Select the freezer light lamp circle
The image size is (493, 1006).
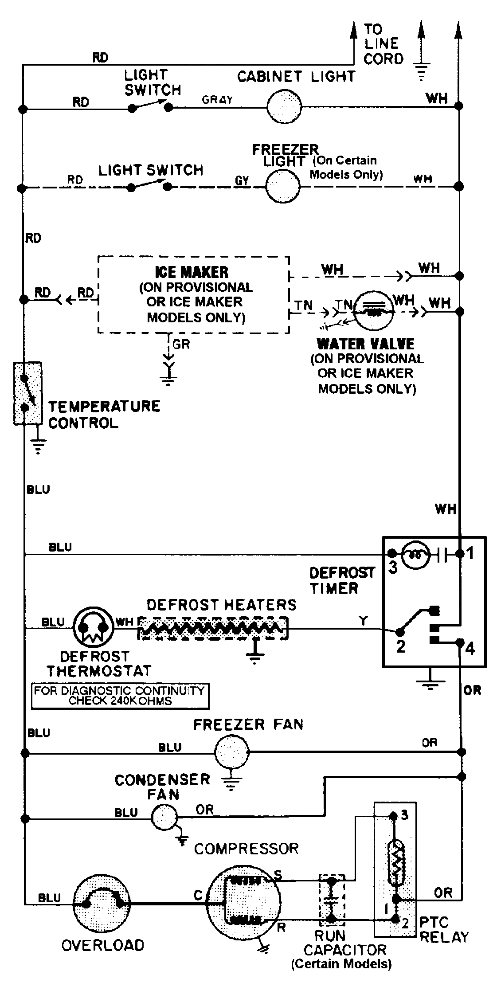coord(283,187)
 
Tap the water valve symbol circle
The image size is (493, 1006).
coord(375,310)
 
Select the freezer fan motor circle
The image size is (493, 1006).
coord(232,752)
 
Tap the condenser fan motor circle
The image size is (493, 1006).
coord(164,817)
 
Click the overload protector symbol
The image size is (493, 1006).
coord(102,903)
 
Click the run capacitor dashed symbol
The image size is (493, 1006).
coord(331,901)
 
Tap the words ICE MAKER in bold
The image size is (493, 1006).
coord(192,272)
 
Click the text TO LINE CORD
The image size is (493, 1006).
coord(383,44)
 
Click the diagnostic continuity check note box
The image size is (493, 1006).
coord(120,696)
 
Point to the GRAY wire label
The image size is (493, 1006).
coord(217,100)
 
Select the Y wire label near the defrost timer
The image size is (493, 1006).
coord(363,620)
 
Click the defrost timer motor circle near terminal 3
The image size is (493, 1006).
coord(415,554)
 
